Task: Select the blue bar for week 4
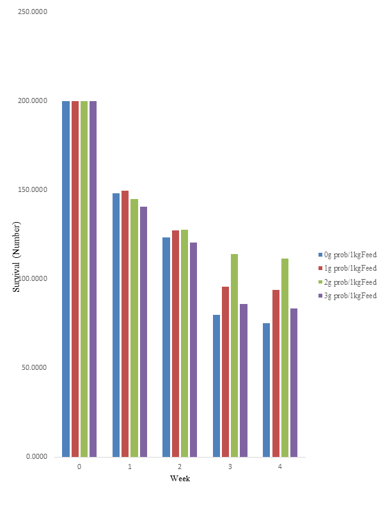[x=266, y=390]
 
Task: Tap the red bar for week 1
[x=125, y=324]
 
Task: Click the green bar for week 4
[x=285, y=358]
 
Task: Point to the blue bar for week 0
[x=66, y=279]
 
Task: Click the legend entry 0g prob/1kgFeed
[x=350, y=255]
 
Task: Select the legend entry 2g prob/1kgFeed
[x=350, y=282]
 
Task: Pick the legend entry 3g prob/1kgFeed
[x=350, y=296]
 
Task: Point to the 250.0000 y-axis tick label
[x=34, y=12]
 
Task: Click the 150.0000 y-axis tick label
[x=34, y=190]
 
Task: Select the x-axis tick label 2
[x=180, y=467]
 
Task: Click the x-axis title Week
[x=180, y=479]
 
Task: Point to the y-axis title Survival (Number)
[x=17, y=257]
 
